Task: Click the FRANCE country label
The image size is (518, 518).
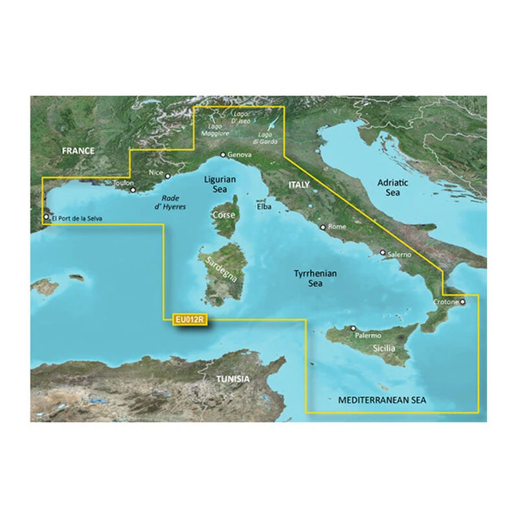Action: click(x=78, y=151)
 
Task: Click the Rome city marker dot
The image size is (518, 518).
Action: click(x=322, y=227)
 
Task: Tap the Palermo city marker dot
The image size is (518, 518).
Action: click(x=354, y=329)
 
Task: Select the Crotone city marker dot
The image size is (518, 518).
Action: click(x=462, y=301)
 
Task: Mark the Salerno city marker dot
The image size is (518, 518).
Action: click(x=383, y=253)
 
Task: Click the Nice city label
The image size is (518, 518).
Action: click(x=155, y=174)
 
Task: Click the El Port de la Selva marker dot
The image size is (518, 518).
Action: click(x=46, y=218)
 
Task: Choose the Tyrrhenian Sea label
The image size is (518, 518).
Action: click(x=315, y=278)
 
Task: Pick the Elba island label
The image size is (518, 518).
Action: click(x=264, y=207)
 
